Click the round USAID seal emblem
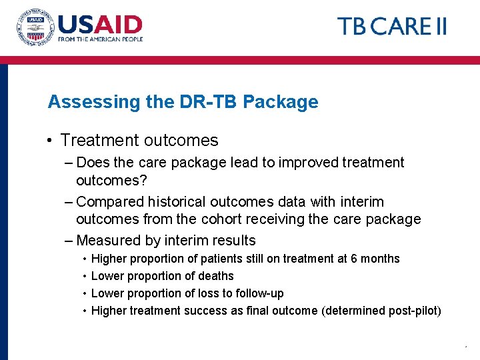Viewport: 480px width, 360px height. (x=34, y=27)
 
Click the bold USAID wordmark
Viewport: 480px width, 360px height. (x=100, y=25)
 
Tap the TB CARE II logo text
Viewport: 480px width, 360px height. (x=391, y=27)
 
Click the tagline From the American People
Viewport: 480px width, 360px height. (x=100, y=40)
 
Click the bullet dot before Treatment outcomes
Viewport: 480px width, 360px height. (x=50, y=141)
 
